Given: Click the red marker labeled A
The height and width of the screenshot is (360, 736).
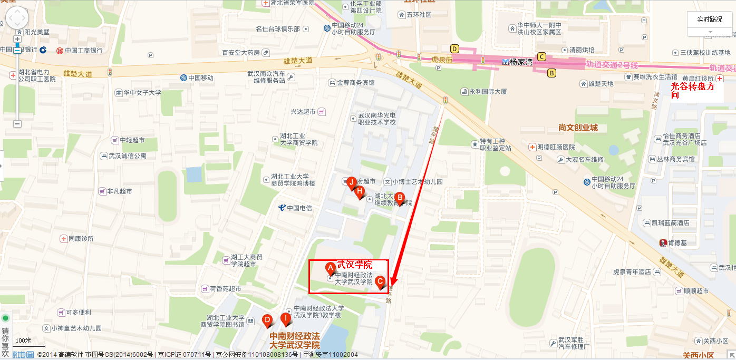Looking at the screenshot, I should tap(331, 268).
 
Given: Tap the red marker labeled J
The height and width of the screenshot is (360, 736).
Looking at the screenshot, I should tap(351, 182).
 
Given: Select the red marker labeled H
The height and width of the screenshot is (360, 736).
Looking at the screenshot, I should tap(360, 191).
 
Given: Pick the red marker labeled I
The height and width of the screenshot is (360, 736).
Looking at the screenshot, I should tap(285, 318).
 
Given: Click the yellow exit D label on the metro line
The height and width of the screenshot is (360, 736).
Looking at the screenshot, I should tap(454, 49).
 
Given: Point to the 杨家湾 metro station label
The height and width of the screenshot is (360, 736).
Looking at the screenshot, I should tap(518, 62).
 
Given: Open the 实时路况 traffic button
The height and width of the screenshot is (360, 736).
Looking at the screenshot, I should tap(710, 20).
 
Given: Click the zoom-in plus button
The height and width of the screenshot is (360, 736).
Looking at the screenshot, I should tap(17, 40).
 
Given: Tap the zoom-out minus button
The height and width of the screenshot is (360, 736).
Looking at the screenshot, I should tap(17, 123).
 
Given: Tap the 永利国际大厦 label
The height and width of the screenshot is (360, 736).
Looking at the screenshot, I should tap(488, 91).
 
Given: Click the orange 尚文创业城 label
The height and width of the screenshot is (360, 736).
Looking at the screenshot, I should tap(578, 128).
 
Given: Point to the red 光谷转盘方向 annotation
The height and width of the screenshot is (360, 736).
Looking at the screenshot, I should tap(693, 90).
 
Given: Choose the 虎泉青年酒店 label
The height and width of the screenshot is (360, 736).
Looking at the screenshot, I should tap(632, 272).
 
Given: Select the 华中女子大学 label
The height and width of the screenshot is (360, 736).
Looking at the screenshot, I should tap(142, 93).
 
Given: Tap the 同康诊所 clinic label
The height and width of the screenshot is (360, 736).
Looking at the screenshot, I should tap(81, 238).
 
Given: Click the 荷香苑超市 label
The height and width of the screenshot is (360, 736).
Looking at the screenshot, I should tap(225, 289).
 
